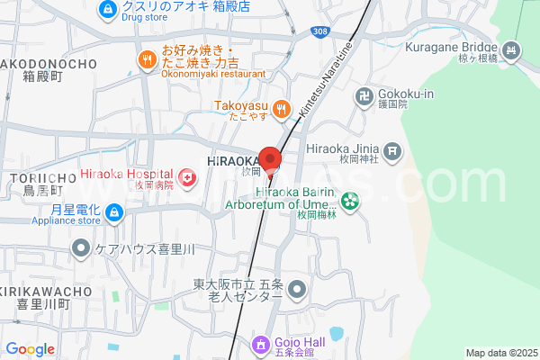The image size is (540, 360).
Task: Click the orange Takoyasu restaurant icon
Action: click(x=282, y=110)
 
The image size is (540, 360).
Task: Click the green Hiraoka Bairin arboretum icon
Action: click(x=349, y=202)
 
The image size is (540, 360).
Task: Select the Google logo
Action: click(x=30, y=349)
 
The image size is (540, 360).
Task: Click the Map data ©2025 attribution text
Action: click(x=500, y=353)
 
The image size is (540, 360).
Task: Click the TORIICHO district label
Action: click(x=34, y=178)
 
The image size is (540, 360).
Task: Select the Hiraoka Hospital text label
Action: click(x=121, y=174)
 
